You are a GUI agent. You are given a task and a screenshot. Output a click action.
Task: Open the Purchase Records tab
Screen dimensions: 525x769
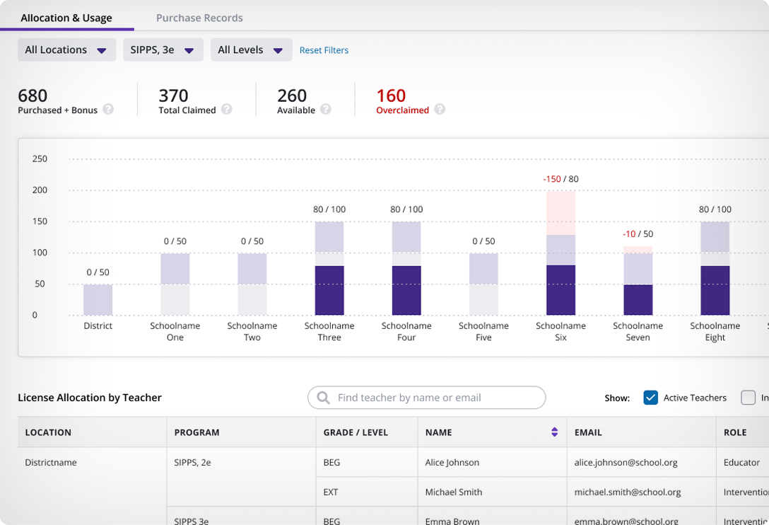point(199,18)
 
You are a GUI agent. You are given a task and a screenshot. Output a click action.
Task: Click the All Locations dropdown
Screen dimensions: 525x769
point(66,50)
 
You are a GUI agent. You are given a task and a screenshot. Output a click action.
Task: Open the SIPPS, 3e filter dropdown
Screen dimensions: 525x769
point(163,50)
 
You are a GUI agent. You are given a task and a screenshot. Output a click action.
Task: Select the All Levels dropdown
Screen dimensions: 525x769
point(251,50)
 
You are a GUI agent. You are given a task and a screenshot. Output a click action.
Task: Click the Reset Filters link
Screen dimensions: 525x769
point(324,50)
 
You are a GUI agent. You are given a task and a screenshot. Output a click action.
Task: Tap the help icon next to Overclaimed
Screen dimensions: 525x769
point(440,110)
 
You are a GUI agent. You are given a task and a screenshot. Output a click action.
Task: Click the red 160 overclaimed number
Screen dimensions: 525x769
point(391,96)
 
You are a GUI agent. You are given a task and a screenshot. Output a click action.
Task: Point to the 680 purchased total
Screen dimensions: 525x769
point(33,96)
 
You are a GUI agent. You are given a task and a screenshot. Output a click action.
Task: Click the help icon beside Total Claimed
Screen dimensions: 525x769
point(226,110)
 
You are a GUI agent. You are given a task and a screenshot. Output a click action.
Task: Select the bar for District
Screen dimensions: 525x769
point(98,299)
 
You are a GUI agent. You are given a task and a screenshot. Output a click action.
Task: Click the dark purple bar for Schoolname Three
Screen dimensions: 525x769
point(329,290)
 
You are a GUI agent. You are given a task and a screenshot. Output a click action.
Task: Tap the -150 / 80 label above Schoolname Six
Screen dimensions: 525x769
point(560,179)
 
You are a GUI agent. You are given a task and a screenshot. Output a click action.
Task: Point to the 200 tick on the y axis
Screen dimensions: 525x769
point(40,190)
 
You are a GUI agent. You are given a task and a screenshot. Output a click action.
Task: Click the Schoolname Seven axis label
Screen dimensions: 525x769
point(638,332)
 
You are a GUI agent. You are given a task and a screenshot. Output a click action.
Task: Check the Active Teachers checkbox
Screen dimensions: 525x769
point(650,398)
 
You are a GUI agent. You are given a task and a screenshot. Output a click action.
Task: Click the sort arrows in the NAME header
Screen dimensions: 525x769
point(554,432)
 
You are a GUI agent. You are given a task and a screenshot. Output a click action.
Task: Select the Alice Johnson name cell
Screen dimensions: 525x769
point(452,463)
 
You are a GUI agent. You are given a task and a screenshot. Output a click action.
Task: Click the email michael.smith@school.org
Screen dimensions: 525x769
point(628,492)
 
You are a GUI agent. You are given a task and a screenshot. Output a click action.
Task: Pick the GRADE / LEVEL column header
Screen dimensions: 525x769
point(356,432)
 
